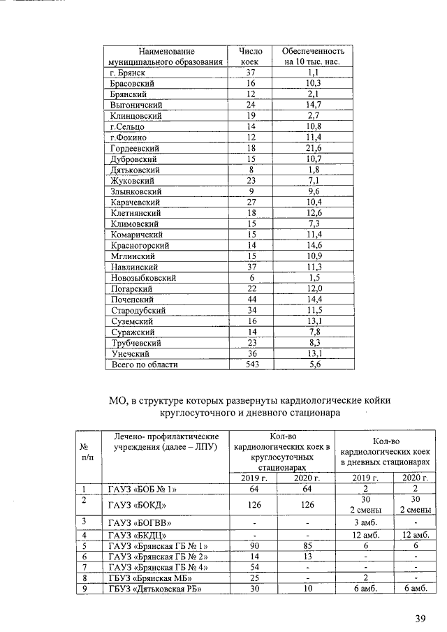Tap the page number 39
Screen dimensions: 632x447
coord(418,617)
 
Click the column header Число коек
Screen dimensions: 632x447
coord(250,57)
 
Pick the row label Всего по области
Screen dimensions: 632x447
coord(145,364)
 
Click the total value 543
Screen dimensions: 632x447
coord(252,364)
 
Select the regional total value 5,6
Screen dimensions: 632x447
coord(313,364)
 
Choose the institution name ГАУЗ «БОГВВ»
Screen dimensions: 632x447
coord(139,522)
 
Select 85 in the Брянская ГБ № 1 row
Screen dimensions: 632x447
coord(305,545)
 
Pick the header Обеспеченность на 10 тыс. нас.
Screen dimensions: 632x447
coord(313,57)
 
